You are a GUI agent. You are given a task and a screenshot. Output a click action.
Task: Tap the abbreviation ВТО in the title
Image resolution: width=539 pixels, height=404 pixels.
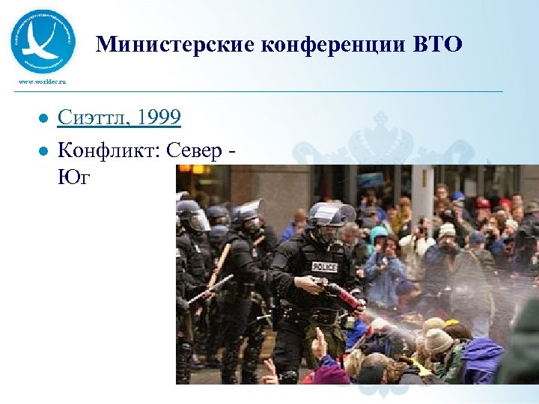point(438,46)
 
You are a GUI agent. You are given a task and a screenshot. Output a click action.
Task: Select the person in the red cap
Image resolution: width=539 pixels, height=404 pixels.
point(483,203)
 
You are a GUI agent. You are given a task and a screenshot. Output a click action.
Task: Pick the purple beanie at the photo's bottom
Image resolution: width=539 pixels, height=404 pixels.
point(330,372)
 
